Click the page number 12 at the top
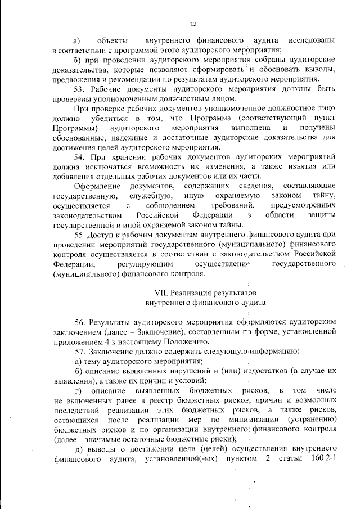(x=193, y=23)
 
